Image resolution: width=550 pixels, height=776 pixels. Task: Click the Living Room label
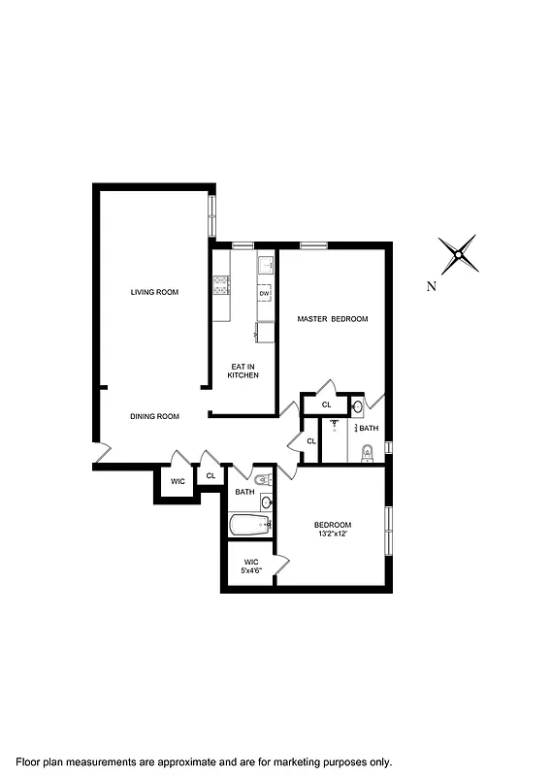(x=155, y=292)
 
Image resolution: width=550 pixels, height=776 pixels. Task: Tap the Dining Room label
(x=155, y=416)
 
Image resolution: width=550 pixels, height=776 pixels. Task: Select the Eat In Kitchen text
(x=243, y=371)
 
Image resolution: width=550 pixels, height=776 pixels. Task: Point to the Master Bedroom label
(x=333, y=319)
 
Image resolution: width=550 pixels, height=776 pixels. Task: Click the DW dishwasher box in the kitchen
(x=264, y=293)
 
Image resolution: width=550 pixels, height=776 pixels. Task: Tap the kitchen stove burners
(x=220, y=284)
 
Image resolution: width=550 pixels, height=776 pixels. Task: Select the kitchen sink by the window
(x=266, y=263)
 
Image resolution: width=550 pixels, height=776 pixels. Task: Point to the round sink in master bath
(x=357, y=406)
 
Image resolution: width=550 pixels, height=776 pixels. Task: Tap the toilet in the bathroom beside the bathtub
(x=263, y=478)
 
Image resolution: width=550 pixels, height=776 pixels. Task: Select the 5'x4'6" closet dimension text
(x=251, y=570)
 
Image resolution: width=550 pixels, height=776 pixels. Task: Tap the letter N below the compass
(x=432, y=286)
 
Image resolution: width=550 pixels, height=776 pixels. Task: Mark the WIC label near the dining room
(x=178, y=481)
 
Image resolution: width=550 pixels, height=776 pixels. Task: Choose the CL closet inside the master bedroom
(x=326, y=404)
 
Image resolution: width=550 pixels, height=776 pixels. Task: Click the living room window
(x=210, y=215)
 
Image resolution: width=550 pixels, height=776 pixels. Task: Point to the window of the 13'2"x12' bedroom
(x=389, y=532)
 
